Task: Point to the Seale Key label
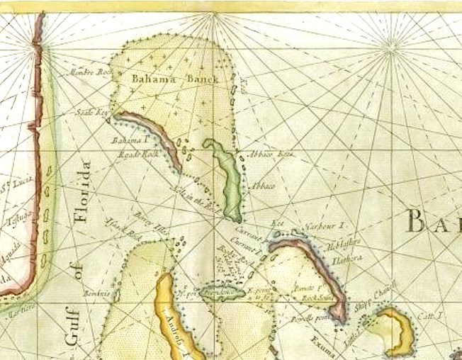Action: click(x=93, y=112)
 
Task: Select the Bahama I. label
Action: click(x=127, y=140)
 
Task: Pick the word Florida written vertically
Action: click(x=84, y=191)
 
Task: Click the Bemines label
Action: click(x=97, y=293)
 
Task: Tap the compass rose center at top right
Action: click(x=391, y=48)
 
